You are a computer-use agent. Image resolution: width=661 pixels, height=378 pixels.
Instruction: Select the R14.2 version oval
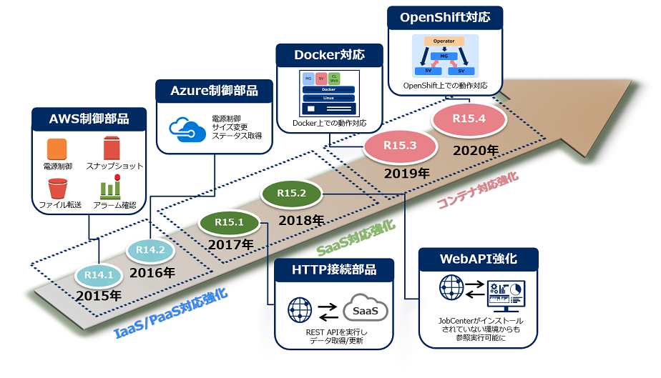(x=151, y=251)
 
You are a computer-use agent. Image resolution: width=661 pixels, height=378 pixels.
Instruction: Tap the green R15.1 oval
(x=229, y=222)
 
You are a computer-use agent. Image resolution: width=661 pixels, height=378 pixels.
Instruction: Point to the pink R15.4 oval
(x=469, y=119)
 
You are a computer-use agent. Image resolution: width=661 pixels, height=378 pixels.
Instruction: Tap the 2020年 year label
(x=475, y=150)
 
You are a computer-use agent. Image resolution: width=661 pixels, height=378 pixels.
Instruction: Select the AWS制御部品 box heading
(x=89, y=119)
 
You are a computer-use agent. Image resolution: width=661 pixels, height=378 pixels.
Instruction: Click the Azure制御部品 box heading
(x=215, y=91)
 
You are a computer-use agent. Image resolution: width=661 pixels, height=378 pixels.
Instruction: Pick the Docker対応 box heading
(x=329, y=54)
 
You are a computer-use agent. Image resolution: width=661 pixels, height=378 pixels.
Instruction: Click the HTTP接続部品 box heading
(x=334, y=269)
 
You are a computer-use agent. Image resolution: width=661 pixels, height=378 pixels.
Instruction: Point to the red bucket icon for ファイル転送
(x=57, y=189)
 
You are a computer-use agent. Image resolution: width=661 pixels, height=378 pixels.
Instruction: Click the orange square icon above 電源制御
(x=57, y=149)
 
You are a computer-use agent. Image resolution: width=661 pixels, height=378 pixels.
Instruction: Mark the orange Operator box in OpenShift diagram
(x=444, y=41)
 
